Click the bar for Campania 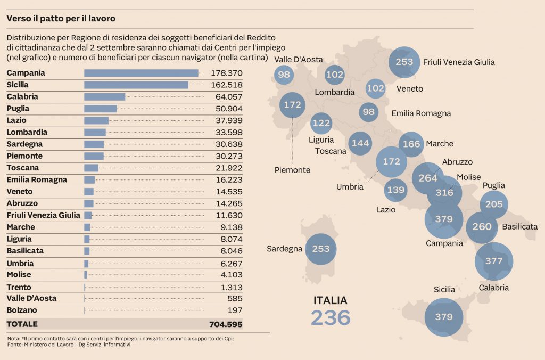coord(141,73)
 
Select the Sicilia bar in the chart coord(136,85)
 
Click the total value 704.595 coord(223,324)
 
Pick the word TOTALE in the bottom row coord(22,324)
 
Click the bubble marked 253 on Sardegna coord(321,249)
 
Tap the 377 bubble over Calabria coord(493,261)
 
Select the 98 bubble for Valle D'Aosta coord(284,75)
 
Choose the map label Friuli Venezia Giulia coord(459,62)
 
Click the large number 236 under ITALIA coord(331,318)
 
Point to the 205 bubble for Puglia coord(494,205)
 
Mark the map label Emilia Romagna coord(421,113)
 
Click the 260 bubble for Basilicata coord(482,227)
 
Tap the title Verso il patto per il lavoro coord(61,19)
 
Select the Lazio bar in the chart coord(96,120)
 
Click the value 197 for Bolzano coord(235,310)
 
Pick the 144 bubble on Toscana coord(359,143)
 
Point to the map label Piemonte coord(292,170)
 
